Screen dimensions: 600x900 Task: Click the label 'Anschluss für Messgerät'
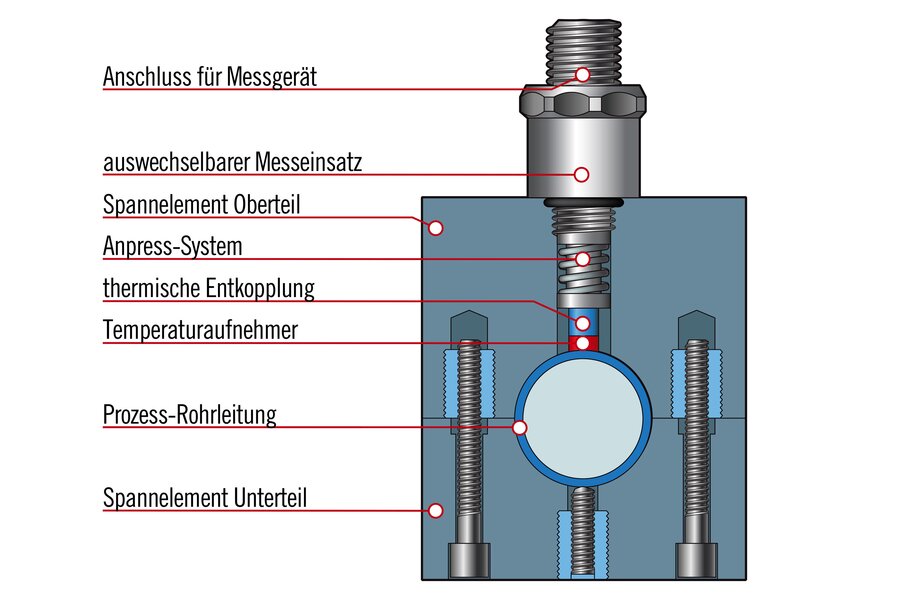pos(209,76)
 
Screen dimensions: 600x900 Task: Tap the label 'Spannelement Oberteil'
pos(202,205)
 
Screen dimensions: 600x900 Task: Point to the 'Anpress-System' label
pos(172,246)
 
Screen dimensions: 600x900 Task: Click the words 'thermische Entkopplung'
pos(208,290)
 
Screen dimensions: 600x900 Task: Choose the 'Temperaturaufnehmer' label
pos(200,331)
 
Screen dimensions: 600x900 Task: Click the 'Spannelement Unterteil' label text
pos(204,497)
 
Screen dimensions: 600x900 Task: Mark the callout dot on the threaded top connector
pos(582,75)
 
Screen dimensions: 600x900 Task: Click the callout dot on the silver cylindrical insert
pos(582,173)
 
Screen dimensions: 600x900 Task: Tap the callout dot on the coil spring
pos(582,259)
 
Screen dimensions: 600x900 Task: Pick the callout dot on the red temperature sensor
pos(582,343)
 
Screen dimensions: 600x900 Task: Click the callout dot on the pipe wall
pos(519,428)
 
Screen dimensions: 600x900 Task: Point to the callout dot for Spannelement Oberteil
pos(435,228)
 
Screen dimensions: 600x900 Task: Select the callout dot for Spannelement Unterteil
pos(435,510)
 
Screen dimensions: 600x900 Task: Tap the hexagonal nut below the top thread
pos(582,101)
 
